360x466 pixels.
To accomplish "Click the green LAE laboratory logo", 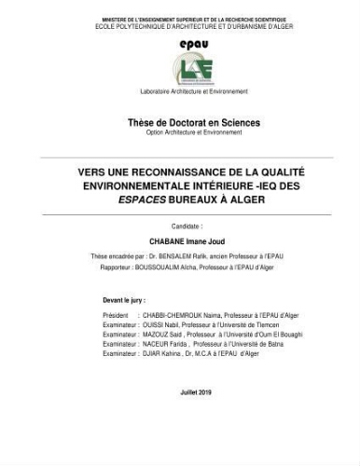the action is point(192,70).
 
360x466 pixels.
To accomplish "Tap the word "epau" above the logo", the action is point(193,44).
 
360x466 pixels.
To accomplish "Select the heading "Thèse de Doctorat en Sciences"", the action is point(194,123).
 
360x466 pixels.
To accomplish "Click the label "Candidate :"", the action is point(186,226).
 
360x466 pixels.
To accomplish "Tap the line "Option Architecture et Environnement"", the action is point(193,132).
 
